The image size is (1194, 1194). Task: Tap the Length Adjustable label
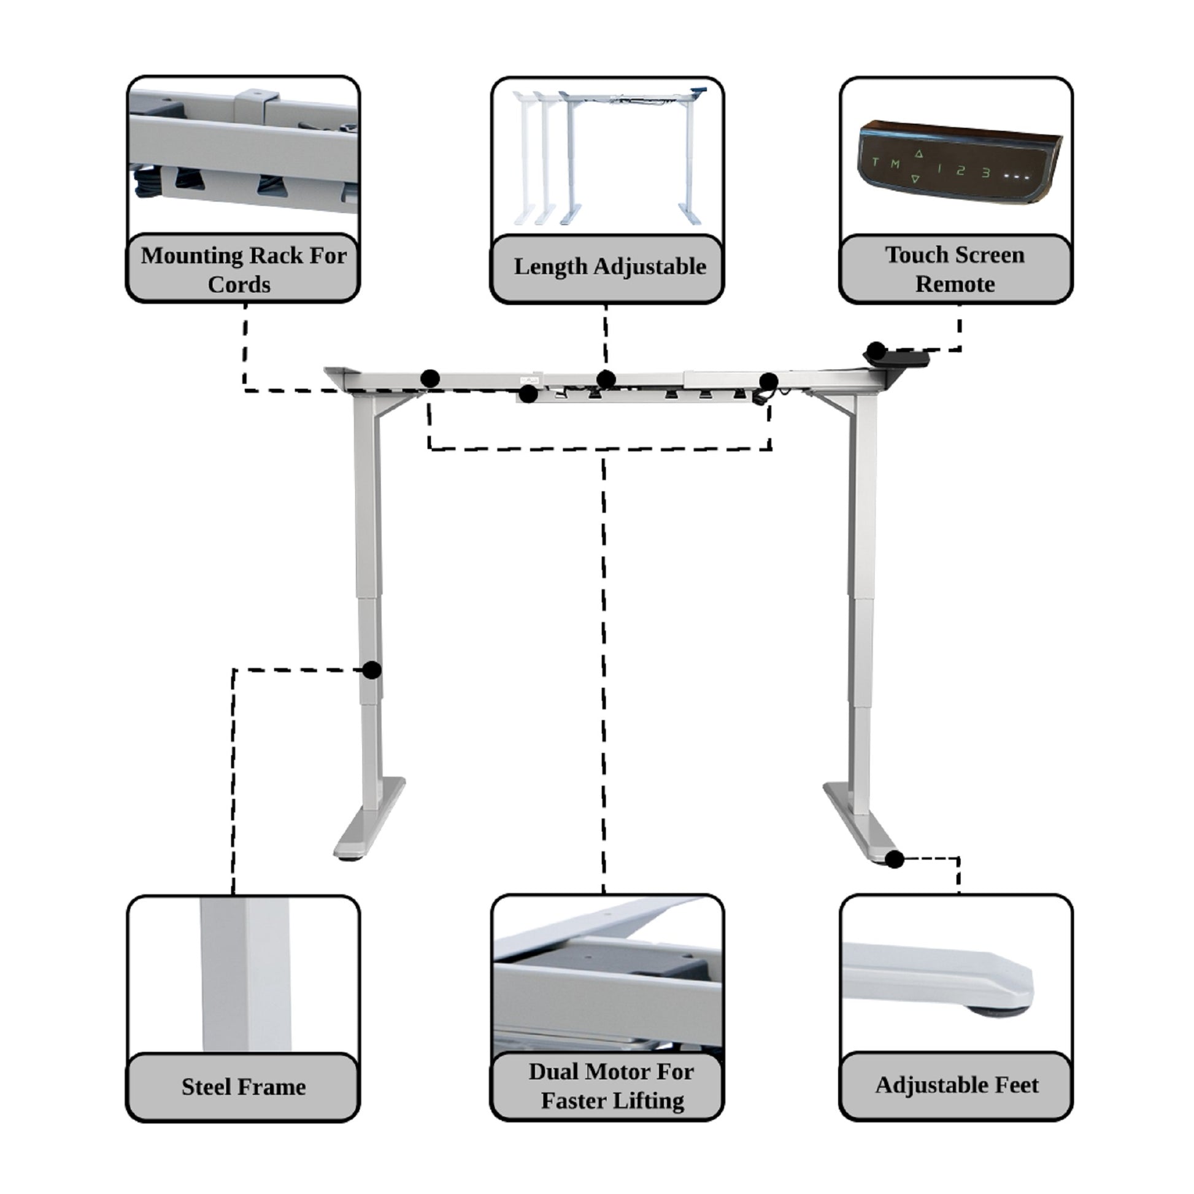609,266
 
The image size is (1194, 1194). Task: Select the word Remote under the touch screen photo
955,284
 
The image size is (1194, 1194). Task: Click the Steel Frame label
244,1087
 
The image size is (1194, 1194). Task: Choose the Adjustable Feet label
957,1085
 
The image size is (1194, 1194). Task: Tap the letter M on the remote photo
895,164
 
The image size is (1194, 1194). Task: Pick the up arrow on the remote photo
919,154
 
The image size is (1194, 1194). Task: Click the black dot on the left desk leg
371,669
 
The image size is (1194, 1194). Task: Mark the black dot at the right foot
894,859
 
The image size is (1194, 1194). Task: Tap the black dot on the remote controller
876,352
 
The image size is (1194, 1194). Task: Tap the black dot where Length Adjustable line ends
606,379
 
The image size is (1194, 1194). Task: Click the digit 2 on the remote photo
960,171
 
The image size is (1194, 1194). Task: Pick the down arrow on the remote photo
915,179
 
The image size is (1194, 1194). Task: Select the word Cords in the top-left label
239,285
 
